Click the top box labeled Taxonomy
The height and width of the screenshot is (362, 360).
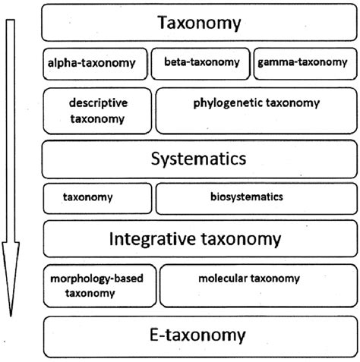(199, 24)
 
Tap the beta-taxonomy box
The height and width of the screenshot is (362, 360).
(200, 63)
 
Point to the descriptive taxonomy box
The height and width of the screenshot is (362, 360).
(97, 109)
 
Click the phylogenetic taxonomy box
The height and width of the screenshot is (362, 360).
(255, 109)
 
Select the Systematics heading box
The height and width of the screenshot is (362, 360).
(199, 159)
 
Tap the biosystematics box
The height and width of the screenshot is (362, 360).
(255, 197)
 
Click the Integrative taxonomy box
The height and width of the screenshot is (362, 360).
(199, 239)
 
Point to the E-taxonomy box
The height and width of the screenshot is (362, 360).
(199, 334)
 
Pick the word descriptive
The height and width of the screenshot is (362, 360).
(97, 102)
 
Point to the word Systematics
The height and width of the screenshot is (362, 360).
(199, 159)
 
